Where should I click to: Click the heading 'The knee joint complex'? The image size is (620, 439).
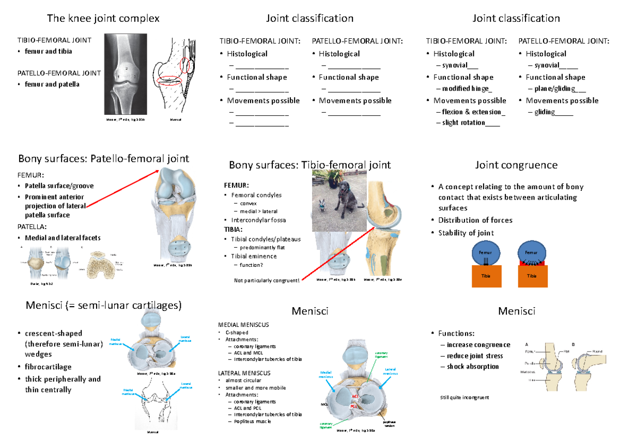tap(103, 19)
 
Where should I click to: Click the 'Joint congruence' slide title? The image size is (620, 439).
tap(516, 165)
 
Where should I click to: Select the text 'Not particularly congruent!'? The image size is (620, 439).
tap(267, 280)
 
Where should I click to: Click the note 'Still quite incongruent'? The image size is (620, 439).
tap(464, 398)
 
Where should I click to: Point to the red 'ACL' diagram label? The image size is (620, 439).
tap(355, 397)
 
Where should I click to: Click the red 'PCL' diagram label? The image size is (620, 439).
tap(355, 406)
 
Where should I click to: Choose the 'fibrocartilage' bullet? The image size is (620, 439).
tap(48, 367)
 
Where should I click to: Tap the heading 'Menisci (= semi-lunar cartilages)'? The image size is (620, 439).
tap(103, 306)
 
